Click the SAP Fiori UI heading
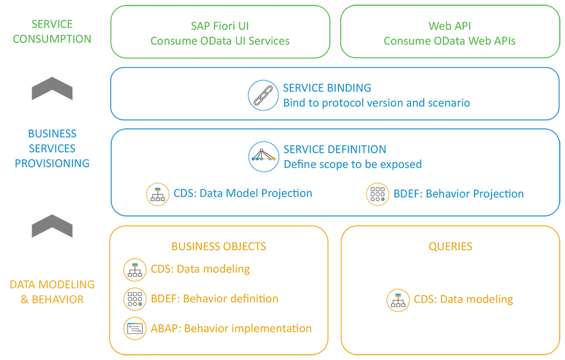pos(220,26)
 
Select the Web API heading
pos(450,26)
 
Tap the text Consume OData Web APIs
pos(450,41)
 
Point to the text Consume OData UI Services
pos(220,41)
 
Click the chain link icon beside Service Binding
pos(263,95)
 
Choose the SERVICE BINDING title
pos(327,88)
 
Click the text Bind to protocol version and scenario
pos(376,103)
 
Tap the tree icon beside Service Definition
pos(263,157)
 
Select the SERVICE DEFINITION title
pos(335,150)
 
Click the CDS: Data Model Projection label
pos(243,193)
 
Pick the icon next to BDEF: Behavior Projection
pos(377,194)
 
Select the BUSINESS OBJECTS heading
pos(219,246)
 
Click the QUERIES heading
pos(450,246)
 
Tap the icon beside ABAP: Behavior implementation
pos(135,328)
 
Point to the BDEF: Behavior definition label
pos(215,299)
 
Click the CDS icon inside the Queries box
pos(398,300)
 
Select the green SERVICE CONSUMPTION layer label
pos(52,32)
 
